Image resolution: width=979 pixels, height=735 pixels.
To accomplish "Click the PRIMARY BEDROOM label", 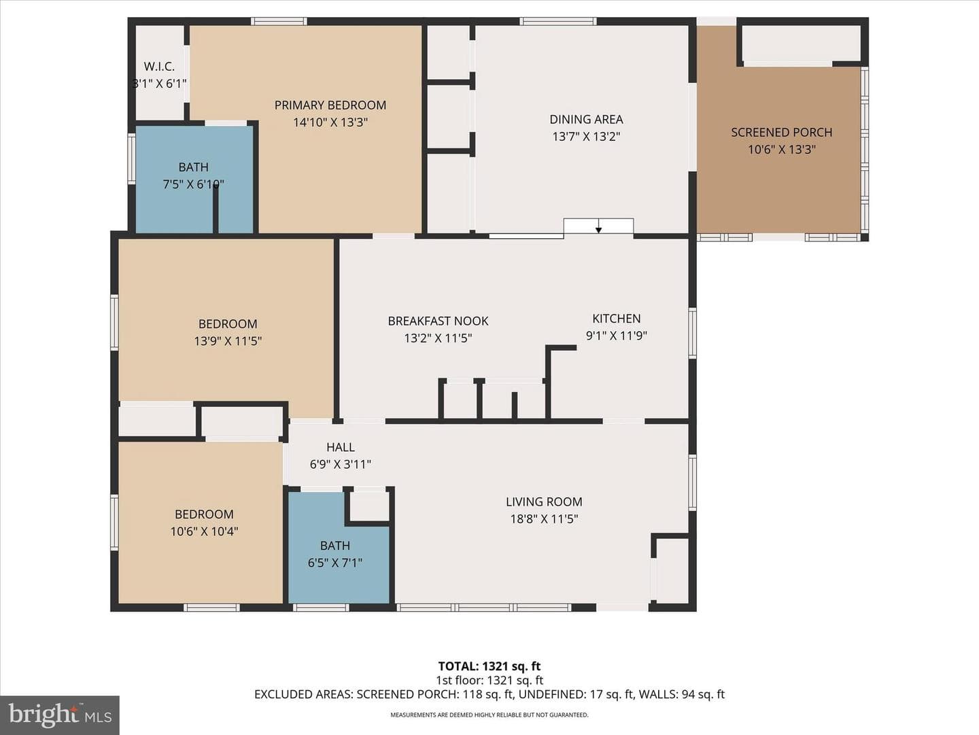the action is (x=330, y=105).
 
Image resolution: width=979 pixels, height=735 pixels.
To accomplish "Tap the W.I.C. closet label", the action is (x=159, y=67).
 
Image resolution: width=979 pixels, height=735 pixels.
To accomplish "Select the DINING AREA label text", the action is (x=586, y=120).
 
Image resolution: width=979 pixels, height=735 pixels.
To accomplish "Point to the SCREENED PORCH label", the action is (x=781, y=133).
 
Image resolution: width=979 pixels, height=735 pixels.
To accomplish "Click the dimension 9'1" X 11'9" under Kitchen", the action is (x=617, y=336).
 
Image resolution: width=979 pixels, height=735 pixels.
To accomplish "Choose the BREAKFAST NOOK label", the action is (x=438, y=321).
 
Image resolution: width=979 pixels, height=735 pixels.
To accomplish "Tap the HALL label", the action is (x=341, y=447).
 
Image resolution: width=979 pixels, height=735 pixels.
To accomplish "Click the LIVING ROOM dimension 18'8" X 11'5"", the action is (x=544, y=519).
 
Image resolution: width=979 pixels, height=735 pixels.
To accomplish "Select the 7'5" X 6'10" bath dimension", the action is (x=193, y=184).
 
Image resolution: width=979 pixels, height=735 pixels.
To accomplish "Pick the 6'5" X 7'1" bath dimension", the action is (x=335, y=563).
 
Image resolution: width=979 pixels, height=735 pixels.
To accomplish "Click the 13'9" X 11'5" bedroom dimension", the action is (x=228, y=342).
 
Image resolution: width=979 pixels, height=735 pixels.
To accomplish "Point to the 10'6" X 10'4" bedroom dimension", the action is (x=204, y=532).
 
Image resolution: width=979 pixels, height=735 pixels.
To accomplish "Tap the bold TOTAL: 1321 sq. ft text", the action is (x=489, y=666).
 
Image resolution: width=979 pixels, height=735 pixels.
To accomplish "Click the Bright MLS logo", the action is (x=60, y=715).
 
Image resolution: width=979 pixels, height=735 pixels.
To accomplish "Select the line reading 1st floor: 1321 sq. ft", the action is (x=489, y=681).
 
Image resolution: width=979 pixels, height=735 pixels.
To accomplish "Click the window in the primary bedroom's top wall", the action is (x=279, y=21).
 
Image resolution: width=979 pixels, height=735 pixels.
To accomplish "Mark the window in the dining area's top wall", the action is (x=558, y=21).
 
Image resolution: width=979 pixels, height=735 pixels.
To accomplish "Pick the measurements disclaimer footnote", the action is (x=489, y=715).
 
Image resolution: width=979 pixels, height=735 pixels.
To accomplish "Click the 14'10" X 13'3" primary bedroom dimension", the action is (x=330, y=122).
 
